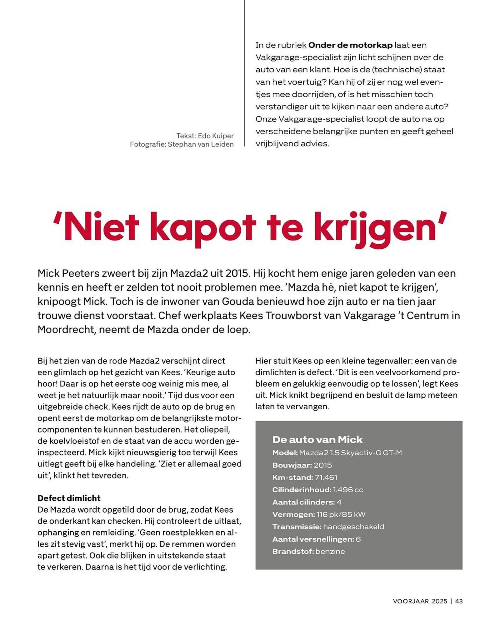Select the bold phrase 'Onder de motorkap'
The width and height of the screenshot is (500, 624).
pyautogui.click(x=350, y=45)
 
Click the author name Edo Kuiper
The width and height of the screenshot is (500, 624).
pyautogui.click(x=216, y=136)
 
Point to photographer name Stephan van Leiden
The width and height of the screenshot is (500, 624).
pyautogui.click(x=200, y=144)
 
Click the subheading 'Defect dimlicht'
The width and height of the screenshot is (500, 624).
pyautogui.click(x=69, y=498)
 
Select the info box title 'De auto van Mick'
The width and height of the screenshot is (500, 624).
pyautogui.click(x=317, y=440)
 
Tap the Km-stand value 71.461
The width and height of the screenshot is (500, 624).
pyautogui.click(x=326, y=477)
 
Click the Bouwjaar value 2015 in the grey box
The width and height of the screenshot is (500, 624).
pyautogui.click(x=323, y=465)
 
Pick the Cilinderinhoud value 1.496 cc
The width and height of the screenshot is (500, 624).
pyautogui.click(x=348, y=490)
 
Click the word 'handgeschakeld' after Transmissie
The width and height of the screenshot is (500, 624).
pyautogui.click(x=353, y=527)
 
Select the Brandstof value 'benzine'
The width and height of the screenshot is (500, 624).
pyautogui.click(x=330, y=552)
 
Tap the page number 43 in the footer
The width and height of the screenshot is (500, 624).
pyautogui.click(x=459, y=601)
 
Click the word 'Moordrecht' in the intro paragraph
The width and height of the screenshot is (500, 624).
pyautogui.click(x=66, y=329)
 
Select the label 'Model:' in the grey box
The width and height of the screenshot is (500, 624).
pyautogui.click(x=285, y=453)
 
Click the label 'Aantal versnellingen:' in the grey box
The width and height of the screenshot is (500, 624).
pyautogui.click(x=313, y=539)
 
